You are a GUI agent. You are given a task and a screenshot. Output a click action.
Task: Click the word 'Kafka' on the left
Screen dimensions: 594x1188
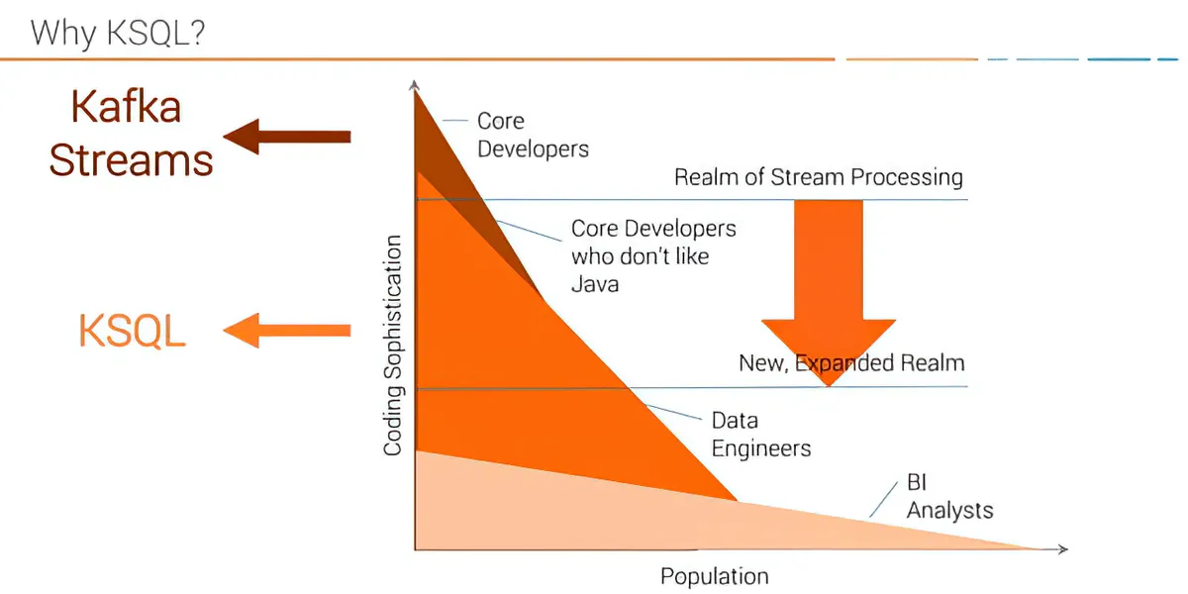pos(125,107)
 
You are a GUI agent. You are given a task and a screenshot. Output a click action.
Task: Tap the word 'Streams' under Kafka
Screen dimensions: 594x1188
pos(131,159)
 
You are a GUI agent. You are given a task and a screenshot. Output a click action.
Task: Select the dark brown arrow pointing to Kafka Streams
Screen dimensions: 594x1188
pos(287,136)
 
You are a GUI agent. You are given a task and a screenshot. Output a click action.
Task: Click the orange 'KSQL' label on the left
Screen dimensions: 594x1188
pos(132,332)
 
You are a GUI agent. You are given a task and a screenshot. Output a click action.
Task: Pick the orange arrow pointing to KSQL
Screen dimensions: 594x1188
pos(287,330)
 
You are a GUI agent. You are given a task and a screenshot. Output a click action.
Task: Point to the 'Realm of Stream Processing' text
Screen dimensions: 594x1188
pos(818,177)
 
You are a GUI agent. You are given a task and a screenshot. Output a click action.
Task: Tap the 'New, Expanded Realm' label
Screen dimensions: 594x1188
pos(851,362)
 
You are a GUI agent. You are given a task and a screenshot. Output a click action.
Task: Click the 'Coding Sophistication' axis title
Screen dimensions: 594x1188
pos(393,346)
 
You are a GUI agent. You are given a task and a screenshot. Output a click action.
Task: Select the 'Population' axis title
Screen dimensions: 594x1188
pos(714,576)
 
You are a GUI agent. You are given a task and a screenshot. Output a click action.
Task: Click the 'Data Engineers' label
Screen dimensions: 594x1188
pos(760,435)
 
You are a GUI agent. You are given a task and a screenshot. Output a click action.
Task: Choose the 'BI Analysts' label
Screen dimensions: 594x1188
pos(948,498)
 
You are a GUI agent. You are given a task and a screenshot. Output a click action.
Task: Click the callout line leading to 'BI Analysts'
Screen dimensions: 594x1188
pos(882,501)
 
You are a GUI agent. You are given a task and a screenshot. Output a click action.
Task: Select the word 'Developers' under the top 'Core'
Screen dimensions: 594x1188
pos(533,149)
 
